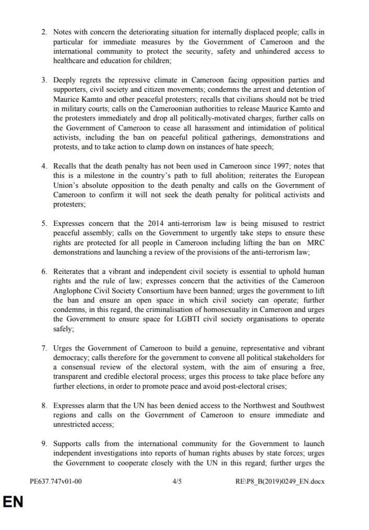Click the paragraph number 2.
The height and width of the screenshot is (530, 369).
click(x=44, y=32)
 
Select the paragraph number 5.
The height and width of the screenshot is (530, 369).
click(x=44, y=224)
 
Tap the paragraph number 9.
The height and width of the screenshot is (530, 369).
click(x=44, y=443)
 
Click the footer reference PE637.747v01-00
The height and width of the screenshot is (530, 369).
click(x=56, y=481)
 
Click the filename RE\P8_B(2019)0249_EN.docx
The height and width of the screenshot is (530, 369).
click(x=281, y=481)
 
